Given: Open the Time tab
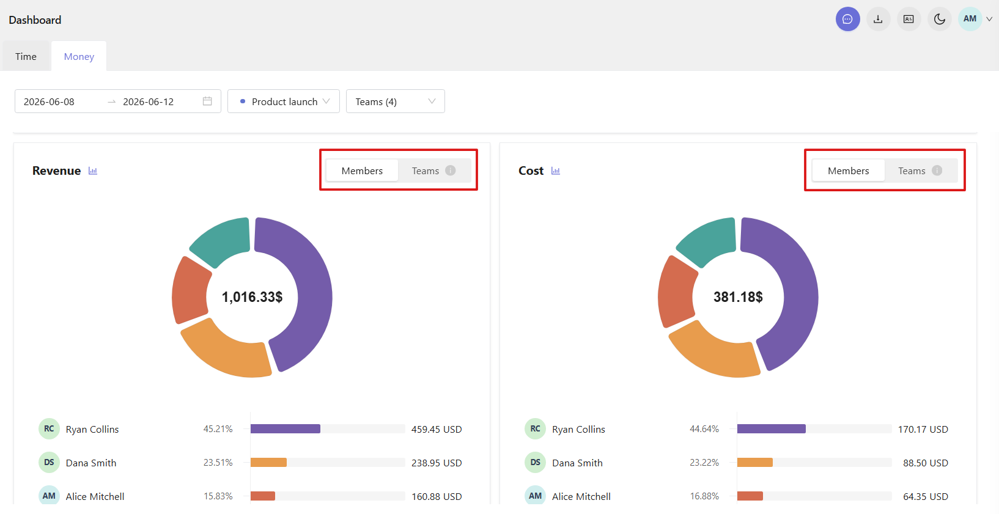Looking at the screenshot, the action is point(26,57).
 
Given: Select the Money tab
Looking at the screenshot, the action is point(79,57).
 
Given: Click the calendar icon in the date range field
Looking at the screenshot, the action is point(207,101).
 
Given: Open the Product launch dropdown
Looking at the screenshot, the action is point(284,101).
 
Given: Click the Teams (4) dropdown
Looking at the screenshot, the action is point(395,101).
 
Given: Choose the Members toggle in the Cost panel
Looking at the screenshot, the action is point(848,171).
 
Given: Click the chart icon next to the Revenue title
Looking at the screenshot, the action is point(93,171).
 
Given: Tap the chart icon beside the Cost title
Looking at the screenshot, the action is point(555,171).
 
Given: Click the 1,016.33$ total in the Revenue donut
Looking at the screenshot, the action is point(252,297).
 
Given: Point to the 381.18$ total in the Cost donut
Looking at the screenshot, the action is point(738,297).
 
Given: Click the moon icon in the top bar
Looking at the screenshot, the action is point(939,19).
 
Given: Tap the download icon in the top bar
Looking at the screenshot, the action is point(878,19).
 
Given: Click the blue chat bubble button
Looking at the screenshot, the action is point(848,19).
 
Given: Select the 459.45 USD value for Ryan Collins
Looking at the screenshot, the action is point(437,429).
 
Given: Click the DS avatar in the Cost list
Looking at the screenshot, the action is point(535,463).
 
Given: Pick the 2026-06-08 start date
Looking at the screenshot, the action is point(49,101).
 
